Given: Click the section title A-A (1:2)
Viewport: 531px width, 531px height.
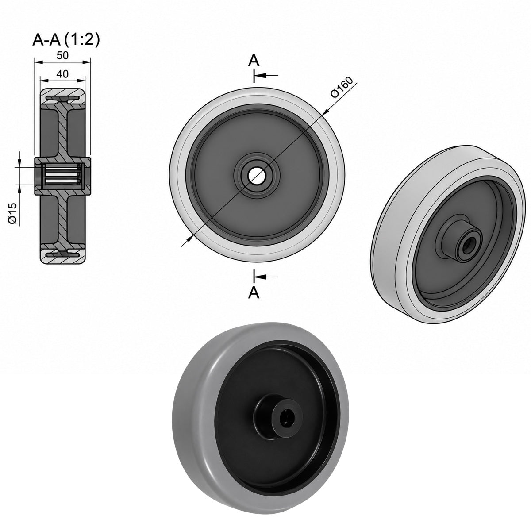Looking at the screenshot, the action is [x=66, y=40].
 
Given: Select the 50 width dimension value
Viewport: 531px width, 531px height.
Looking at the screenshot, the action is [x=62, y=55].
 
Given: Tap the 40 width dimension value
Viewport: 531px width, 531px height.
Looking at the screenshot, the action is [x=62, y=74].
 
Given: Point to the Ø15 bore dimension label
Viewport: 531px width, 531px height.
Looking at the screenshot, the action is [x=13, y=213].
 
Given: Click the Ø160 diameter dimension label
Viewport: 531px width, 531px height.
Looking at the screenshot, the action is [x=342, y=87].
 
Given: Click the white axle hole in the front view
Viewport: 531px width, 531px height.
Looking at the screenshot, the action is [x=257, y=175].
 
